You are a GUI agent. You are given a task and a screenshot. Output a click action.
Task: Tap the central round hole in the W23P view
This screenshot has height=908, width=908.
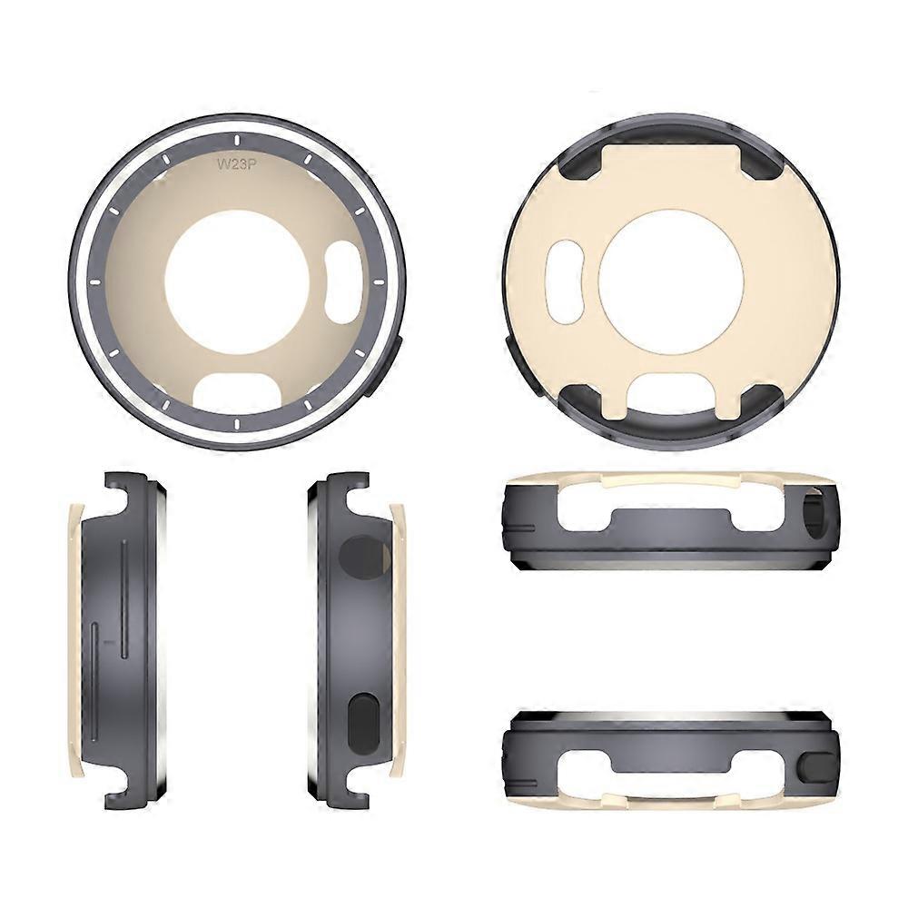[237, 282]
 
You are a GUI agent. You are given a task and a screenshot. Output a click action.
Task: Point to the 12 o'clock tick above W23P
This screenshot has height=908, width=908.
[237, 140]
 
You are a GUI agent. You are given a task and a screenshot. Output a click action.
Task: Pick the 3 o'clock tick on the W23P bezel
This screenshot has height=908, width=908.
[379, 282]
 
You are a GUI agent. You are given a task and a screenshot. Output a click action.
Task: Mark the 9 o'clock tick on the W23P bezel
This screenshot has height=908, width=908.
[95, 282]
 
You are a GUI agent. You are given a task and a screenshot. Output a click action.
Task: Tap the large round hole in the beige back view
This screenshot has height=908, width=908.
[671, 281]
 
